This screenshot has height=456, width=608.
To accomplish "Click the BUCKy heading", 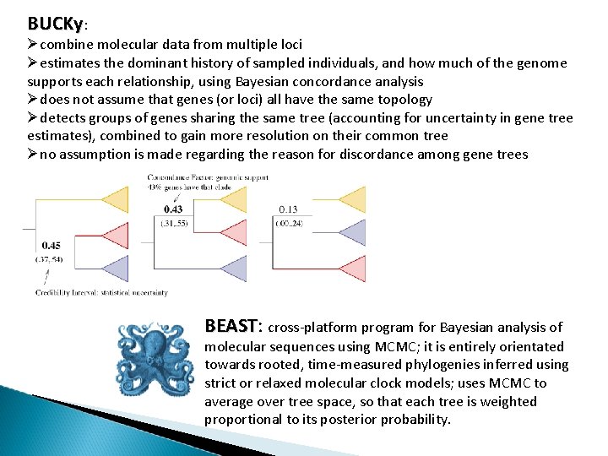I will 55,23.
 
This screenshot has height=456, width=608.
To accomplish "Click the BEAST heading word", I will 231,326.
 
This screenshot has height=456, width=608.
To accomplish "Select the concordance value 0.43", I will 173,209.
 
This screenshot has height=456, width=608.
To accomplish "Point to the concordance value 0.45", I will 51,246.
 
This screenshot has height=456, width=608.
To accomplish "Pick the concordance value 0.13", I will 288,209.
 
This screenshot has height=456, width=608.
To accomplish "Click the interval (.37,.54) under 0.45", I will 50,259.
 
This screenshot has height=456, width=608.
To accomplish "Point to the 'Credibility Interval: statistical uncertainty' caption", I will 101,293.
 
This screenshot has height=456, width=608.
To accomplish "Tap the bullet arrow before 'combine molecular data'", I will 33,44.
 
